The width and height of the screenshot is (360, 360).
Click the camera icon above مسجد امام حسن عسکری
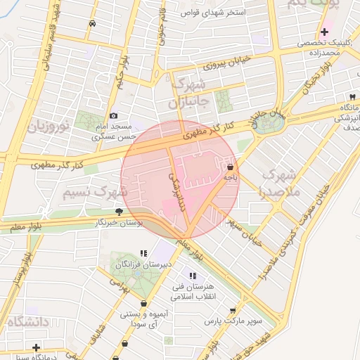[114, 116]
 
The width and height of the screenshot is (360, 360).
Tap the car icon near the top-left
[92, 23]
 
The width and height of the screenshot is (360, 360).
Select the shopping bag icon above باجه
[231, 167]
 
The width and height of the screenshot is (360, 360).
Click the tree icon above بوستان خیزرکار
[120, 212]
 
